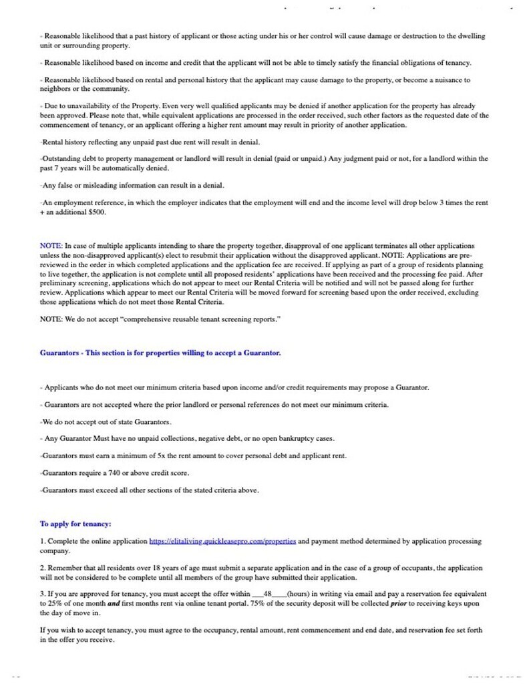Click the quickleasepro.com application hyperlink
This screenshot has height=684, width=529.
point(221,541)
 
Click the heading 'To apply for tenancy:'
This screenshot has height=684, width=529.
point(75,524)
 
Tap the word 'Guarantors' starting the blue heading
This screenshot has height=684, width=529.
point(59,353)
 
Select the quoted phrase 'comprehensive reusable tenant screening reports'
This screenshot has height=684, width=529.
point(190,319)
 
